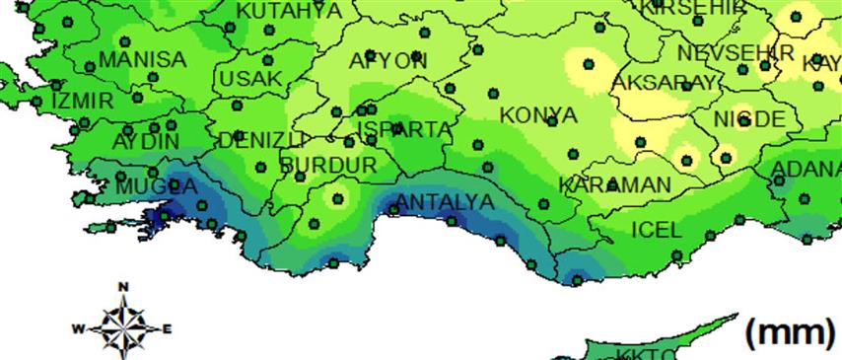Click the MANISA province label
(143, 59)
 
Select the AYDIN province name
(146, 141)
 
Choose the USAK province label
(251, 78)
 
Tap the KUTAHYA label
(290, 11)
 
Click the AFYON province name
(388, 61)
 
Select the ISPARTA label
(405, 130)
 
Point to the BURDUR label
(328, 165)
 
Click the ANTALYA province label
(444, 203)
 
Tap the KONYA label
(538, 115)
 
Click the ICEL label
(656, 231)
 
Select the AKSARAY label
(664, 82)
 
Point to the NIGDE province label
(750, 119)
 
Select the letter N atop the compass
(123, 288)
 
